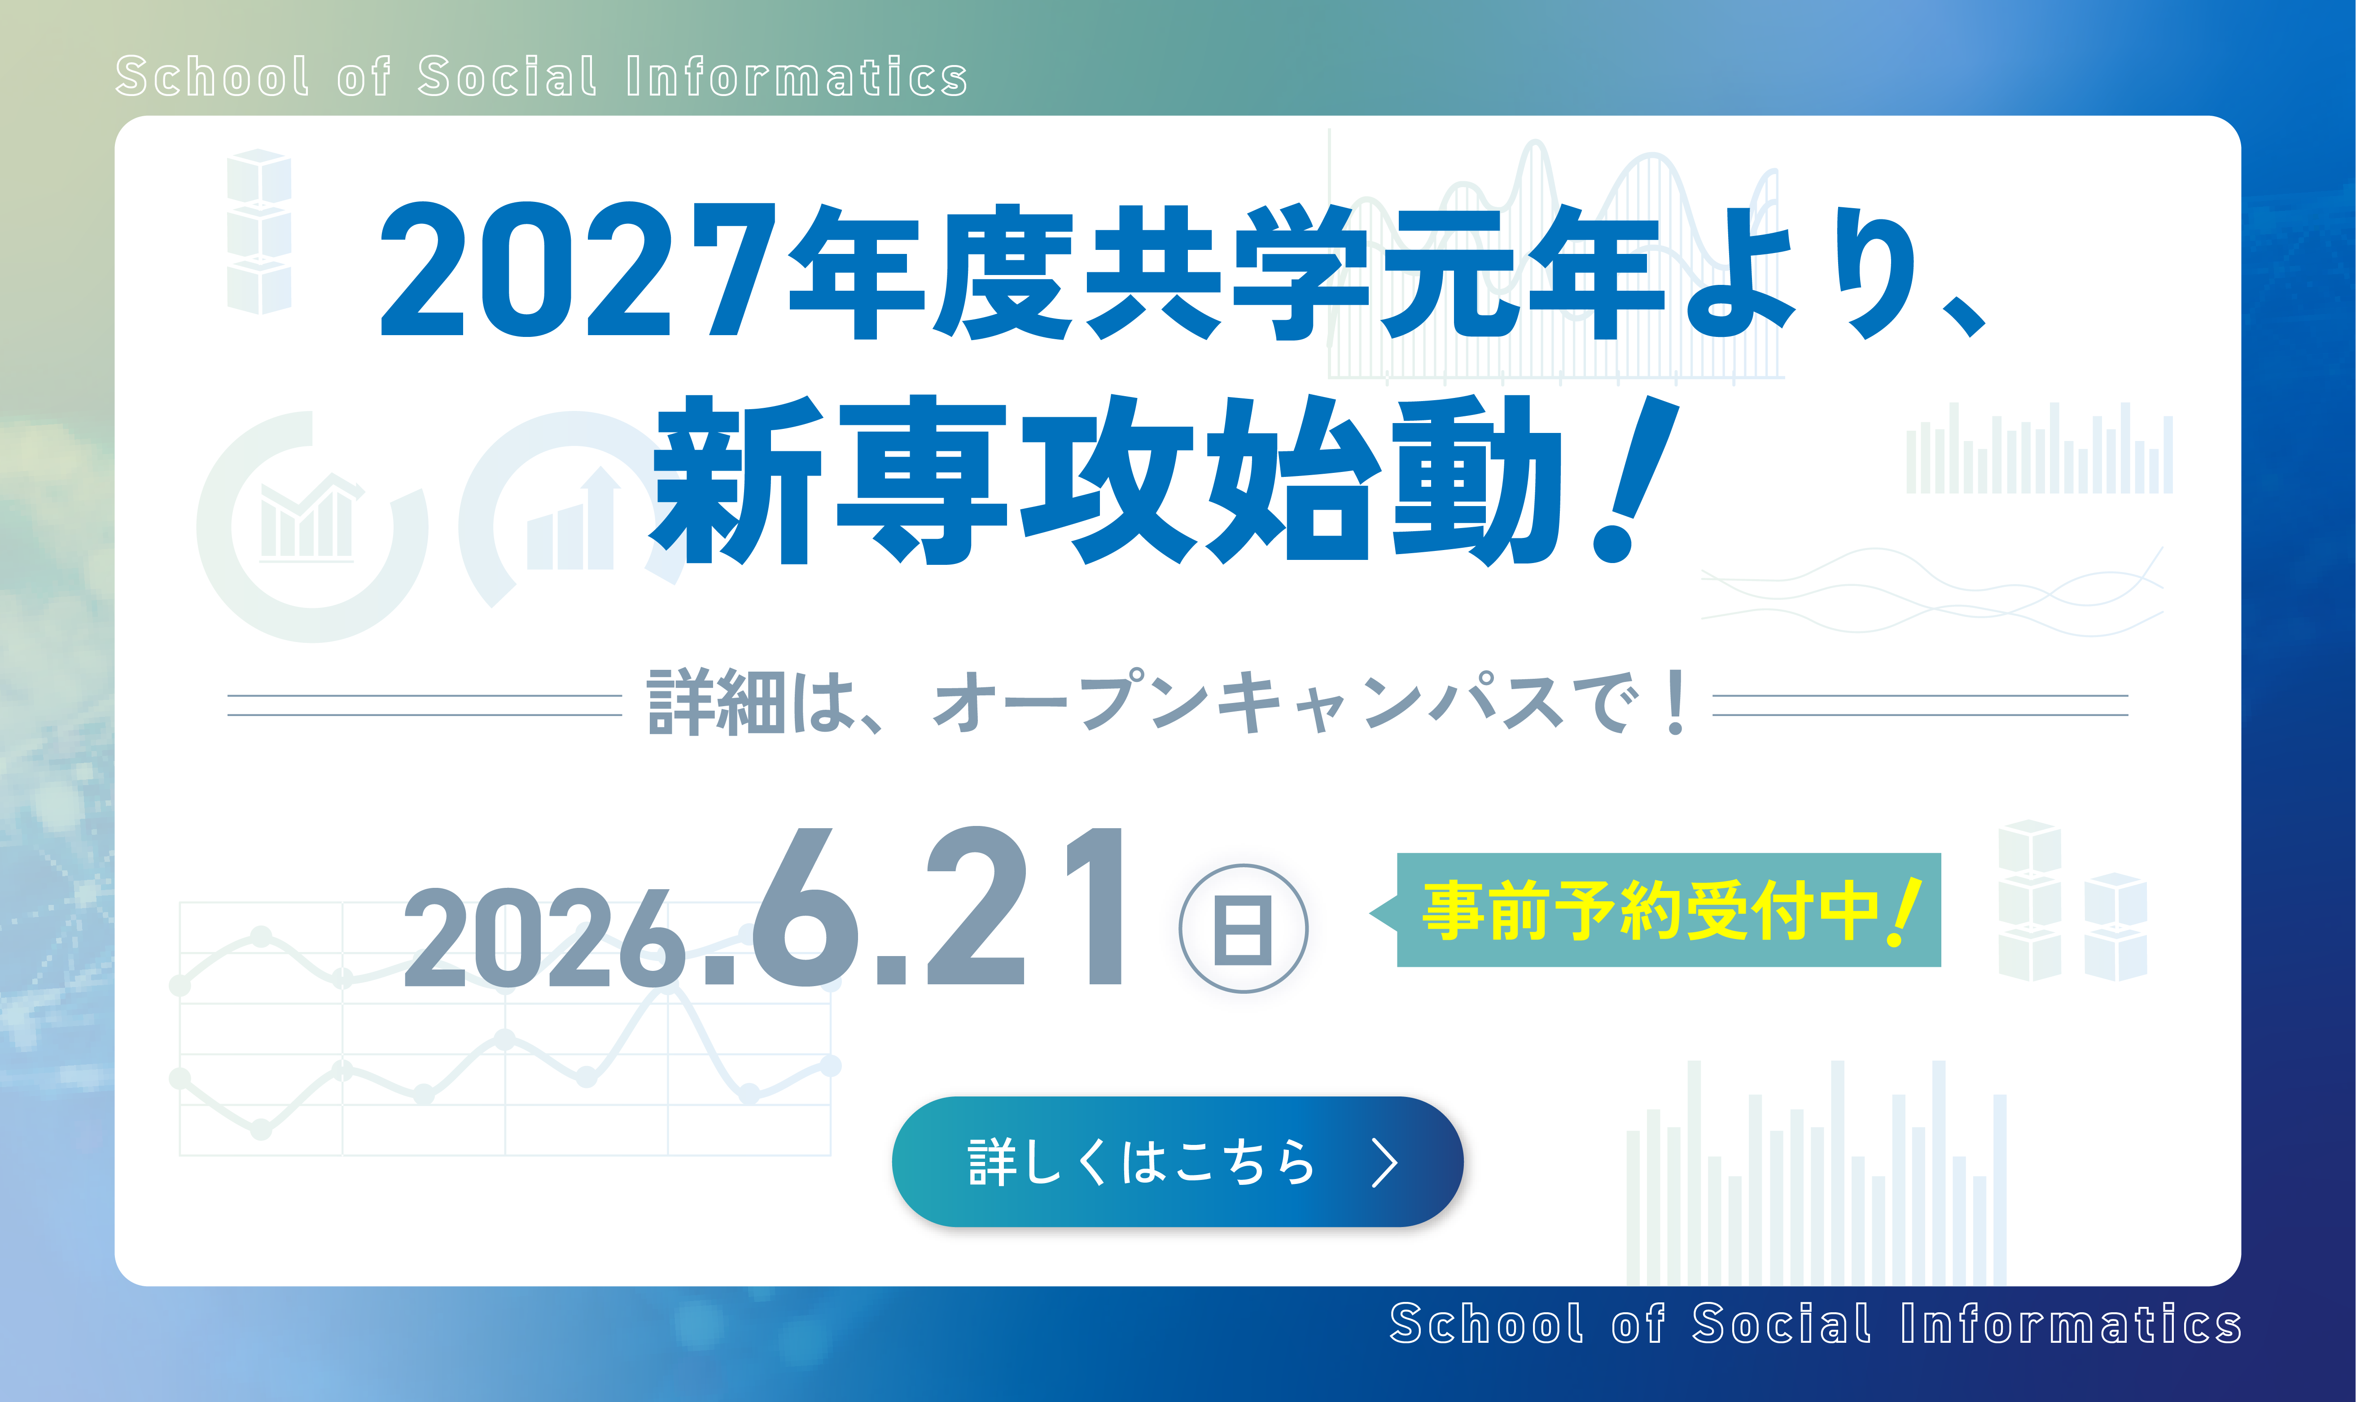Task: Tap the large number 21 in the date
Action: pos(1026,906)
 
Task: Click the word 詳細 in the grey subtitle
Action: pos(716,703)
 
